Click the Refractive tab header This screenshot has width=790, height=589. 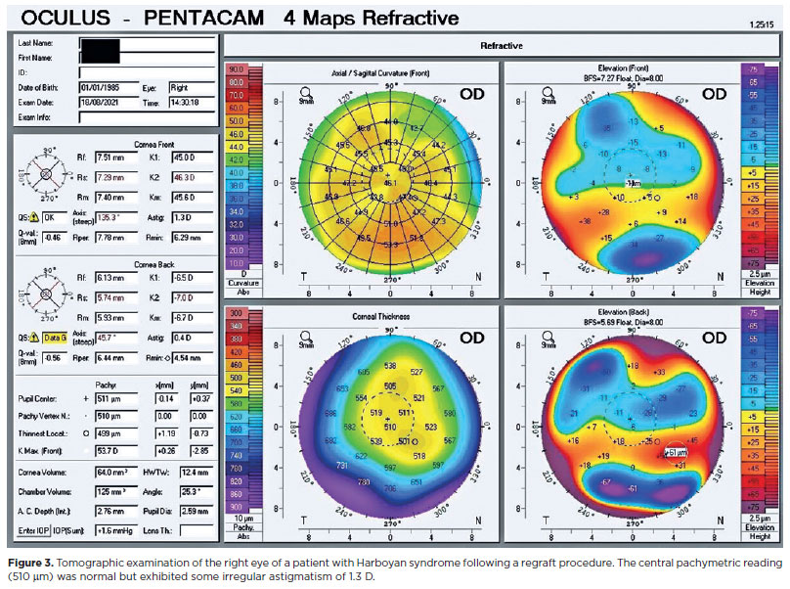point(502,45)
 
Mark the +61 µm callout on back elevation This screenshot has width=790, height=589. point(677,452)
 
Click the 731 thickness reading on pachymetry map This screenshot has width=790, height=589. point(341,466)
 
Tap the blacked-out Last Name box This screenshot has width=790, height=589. point(102,45)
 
